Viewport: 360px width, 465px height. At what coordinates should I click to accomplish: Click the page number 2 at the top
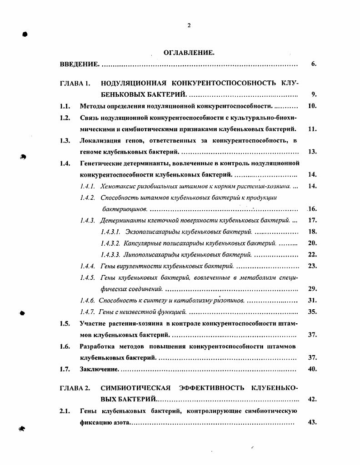point(189,25)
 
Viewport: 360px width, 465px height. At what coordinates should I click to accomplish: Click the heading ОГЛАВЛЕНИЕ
point(189,53)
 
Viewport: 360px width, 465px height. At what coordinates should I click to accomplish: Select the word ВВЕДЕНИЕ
point(79,64)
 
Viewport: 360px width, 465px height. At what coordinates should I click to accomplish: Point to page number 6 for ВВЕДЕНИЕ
point(314,64)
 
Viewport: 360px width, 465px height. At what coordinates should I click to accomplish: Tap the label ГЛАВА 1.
point(75,84)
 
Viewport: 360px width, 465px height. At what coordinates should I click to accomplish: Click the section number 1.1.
point(65,106)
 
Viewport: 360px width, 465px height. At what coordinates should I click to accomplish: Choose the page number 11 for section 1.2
point(312,129)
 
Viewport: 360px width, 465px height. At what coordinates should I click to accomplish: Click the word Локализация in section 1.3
point(99,140)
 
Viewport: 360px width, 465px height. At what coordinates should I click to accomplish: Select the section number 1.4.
point(65,163)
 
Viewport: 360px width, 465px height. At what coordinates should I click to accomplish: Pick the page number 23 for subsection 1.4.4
point(312,266)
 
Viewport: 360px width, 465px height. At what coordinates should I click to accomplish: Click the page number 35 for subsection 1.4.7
point(312,312)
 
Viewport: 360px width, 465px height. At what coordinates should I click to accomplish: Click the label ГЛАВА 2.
point(75,388)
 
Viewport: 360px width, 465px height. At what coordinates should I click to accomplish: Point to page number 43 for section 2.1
point(312,422)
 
